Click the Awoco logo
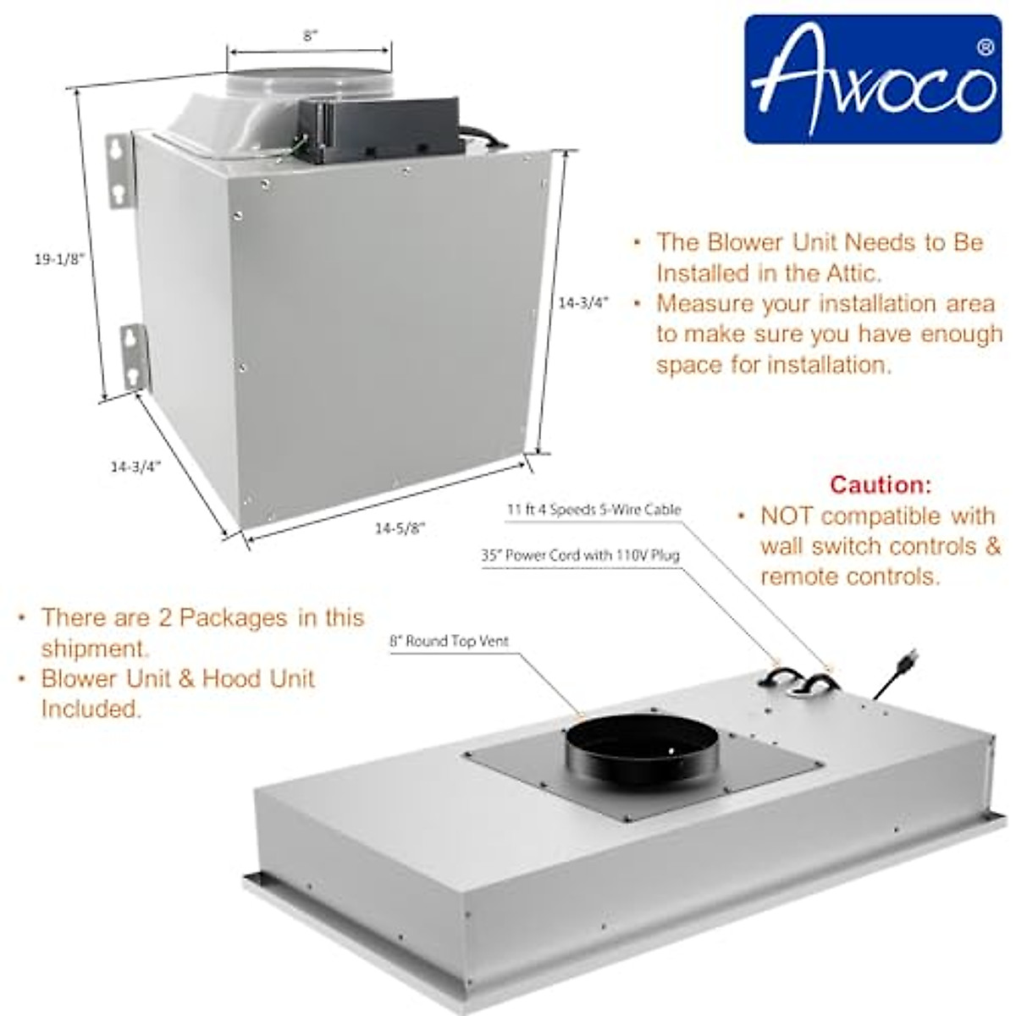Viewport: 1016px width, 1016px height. coord(872,79)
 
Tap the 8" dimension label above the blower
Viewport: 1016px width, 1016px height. coord(311,36)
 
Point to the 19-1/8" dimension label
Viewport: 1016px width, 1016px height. coord(60,260)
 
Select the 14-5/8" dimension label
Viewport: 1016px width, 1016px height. coord(400,528)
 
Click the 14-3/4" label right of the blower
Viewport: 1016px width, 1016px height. coord(583,302)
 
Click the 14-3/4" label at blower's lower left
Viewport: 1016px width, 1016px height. coord(135,466)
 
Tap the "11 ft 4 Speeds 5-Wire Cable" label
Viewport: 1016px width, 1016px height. coord(594,510)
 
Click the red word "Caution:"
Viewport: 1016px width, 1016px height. coord(881,485)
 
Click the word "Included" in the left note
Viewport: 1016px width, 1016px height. coord(91,709)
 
